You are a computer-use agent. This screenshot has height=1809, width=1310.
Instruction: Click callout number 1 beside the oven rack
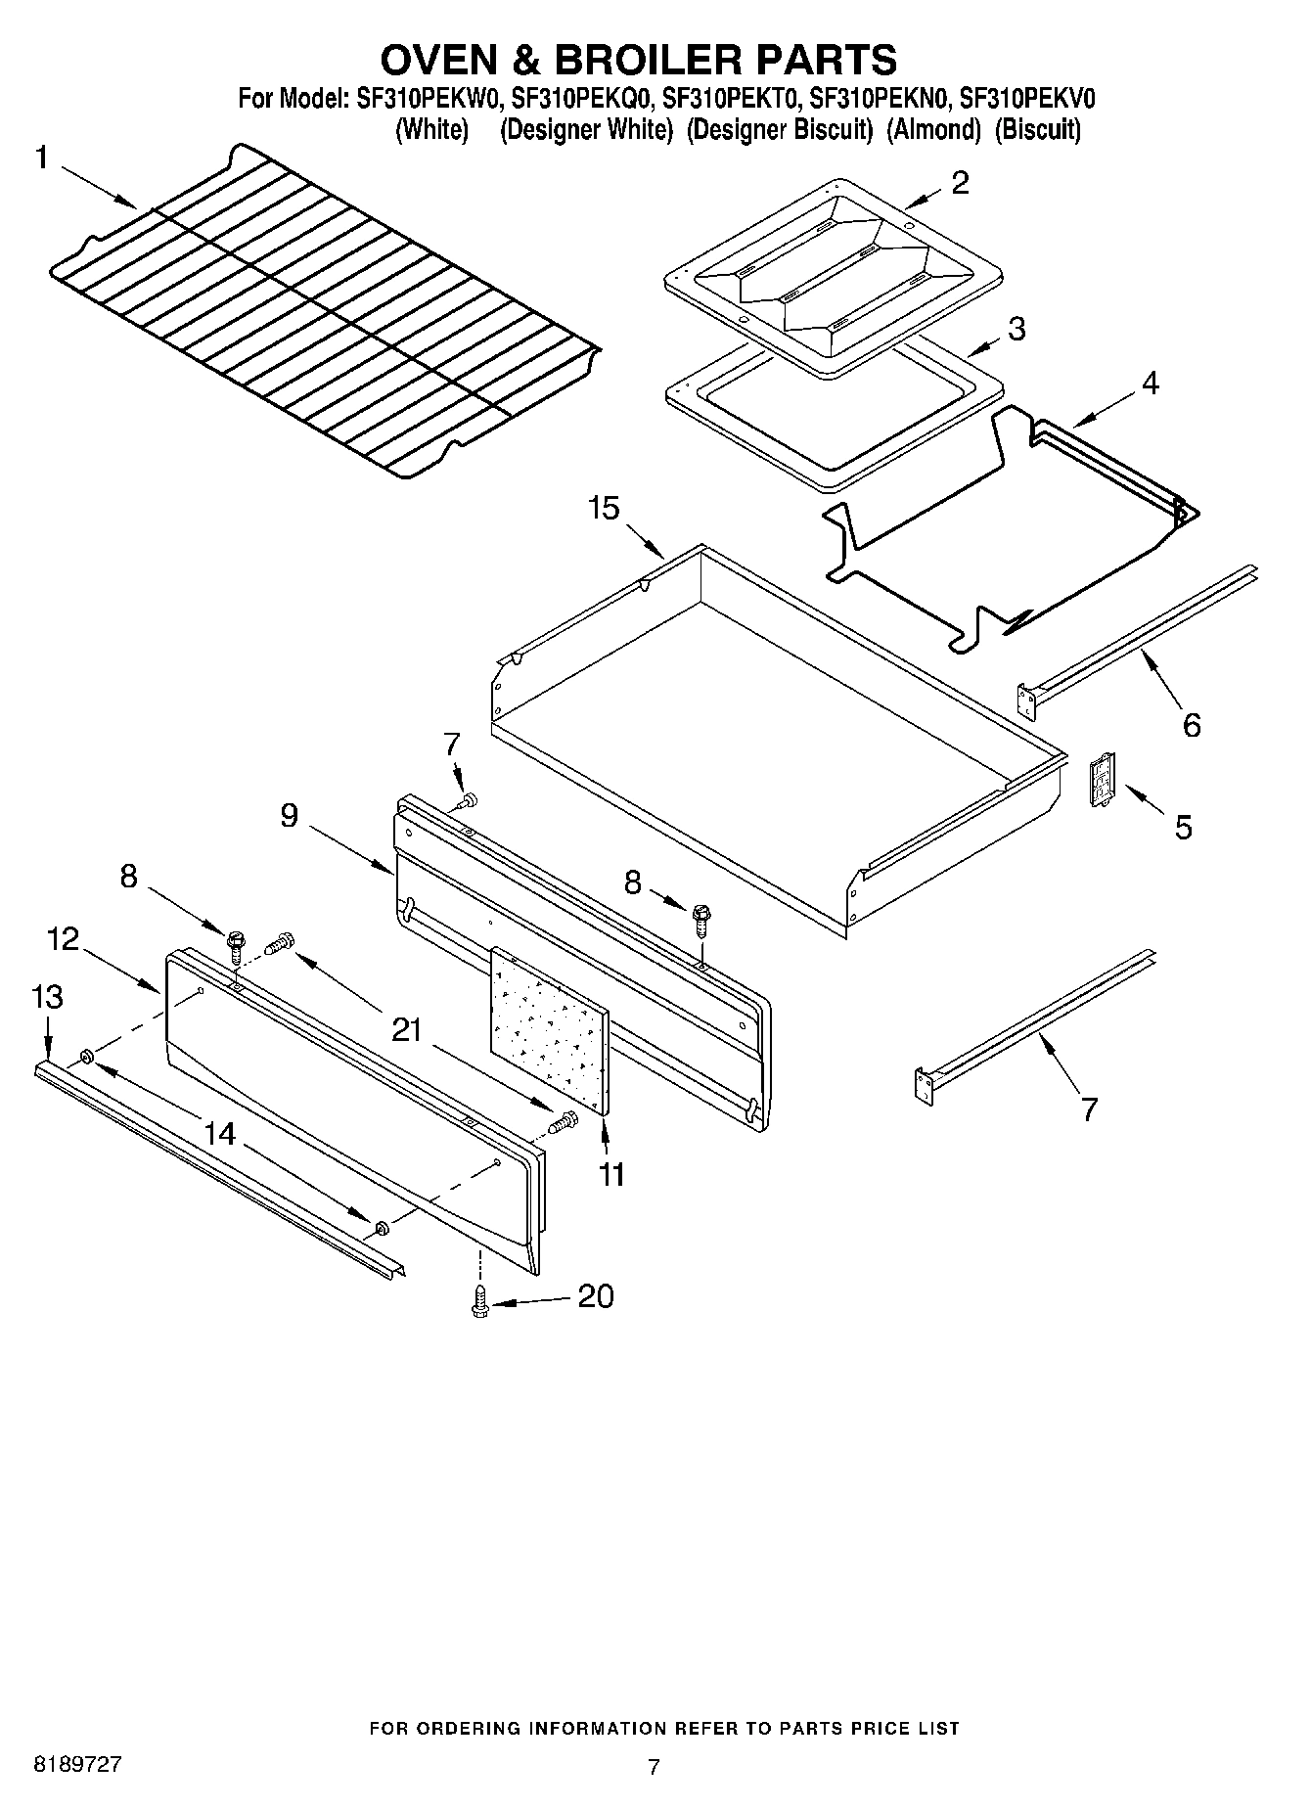tap(43, 158)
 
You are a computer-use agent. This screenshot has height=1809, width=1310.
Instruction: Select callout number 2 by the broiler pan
tap(960, 182)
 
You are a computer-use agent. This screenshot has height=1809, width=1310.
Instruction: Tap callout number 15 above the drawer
tap(604, 509)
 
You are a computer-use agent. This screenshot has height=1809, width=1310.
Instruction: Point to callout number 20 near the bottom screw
tap(596, 1296)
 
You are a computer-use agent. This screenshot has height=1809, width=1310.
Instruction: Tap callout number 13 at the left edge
tap(47, 997)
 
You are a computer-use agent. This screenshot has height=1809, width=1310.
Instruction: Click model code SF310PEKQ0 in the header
tap(583, 99)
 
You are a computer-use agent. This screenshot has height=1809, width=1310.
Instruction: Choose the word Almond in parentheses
tap(932, 130)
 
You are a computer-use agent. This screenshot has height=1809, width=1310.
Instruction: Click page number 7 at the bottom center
tap(654, 1766)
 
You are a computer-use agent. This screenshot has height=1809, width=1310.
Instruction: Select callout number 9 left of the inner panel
tap(289, 815)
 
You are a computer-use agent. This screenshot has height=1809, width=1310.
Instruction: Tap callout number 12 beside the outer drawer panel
tap(63, 939)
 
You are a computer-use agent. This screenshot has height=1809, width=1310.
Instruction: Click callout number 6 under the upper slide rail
tap(1192, 725)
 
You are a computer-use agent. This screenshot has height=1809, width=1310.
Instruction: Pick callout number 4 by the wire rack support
tap(1150, 384)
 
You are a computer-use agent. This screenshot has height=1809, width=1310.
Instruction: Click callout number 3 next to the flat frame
tap(1016, 329)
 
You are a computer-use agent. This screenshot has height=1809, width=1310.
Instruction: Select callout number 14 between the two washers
tap(220, 1134)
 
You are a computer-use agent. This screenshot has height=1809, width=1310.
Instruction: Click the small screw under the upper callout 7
tap(468, 801)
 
